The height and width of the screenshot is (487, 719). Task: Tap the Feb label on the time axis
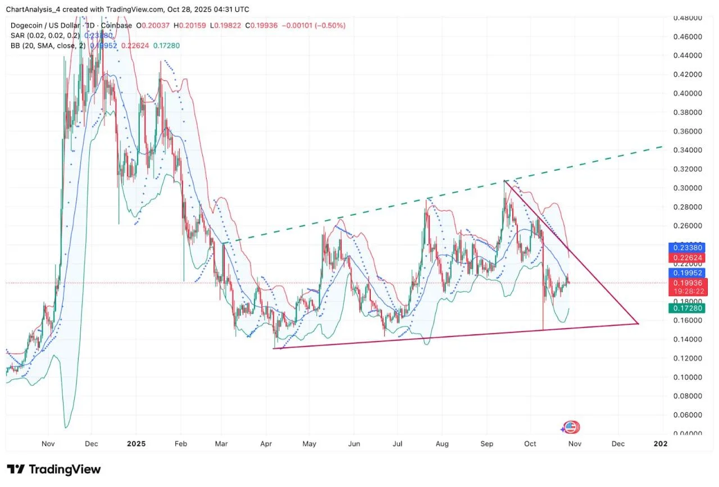point(180,444)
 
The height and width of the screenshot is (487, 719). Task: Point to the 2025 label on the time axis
point(136,444)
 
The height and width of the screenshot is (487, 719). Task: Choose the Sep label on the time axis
point(486,444)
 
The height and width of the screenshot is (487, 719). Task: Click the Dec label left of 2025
point(91,444)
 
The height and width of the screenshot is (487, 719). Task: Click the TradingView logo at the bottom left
point(54,469)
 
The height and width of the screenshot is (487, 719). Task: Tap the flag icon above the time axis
point(571,427)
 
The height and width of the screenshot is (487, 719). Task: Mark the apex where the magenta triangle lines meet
point(638,324)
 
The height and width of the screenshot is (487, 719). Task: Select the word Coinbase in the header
point(117,25)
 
